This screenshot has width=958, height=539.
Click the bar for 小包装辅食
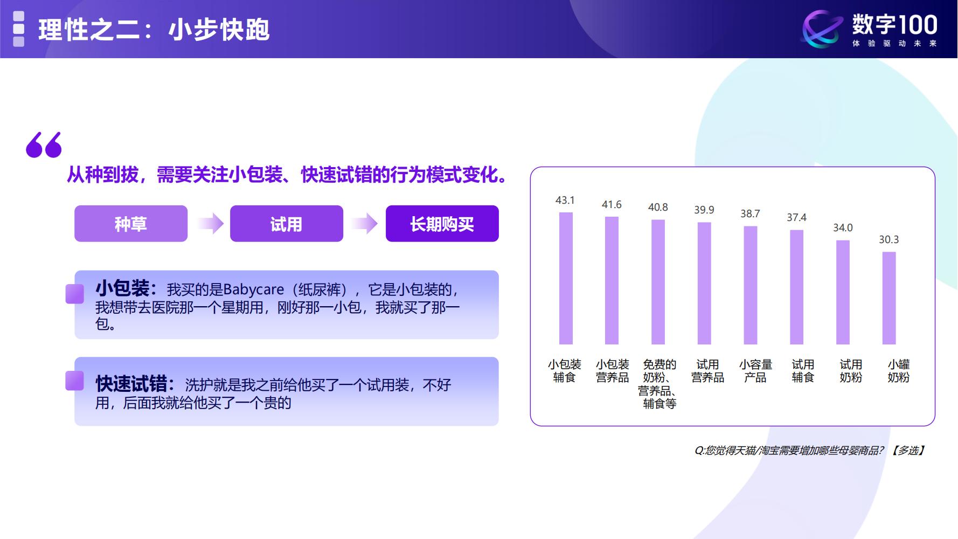(566, 278)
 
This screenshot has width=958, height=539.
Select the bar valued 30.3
(889, 298)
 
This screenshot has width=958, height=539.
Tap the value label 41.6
(612, 205)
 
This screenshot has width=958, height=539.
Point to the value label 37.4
(796, 218)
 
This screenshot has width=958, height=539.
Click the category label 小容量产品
(755, 371)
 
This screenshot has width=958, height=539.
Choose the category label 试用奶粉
(851, 371)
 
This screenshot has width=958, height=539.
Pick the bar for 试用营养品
(704, 284)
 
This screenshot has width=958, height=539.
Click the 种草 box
(131, 224)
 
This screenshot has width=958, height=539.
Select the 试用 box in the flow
(287, 224)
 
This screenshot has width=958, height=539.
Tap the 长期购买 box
(442, 224)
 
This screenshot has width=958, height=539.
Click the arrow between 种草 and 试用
(210, 224)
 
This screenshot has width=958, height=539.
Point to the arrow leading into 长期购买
(365, 224)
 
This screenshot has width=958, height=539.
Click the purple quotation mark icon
(44, 145)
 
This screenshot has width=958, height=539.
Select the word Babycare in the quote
(253, 290)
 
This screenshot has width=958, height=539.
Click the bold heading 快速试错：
(135, 384)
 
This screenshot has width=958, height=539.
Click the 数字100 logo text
(894, 25)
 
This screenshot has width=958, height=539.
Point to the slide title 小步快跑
(219, 30)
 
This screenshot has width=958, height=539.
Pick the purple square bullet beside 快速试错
(74, 381)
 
